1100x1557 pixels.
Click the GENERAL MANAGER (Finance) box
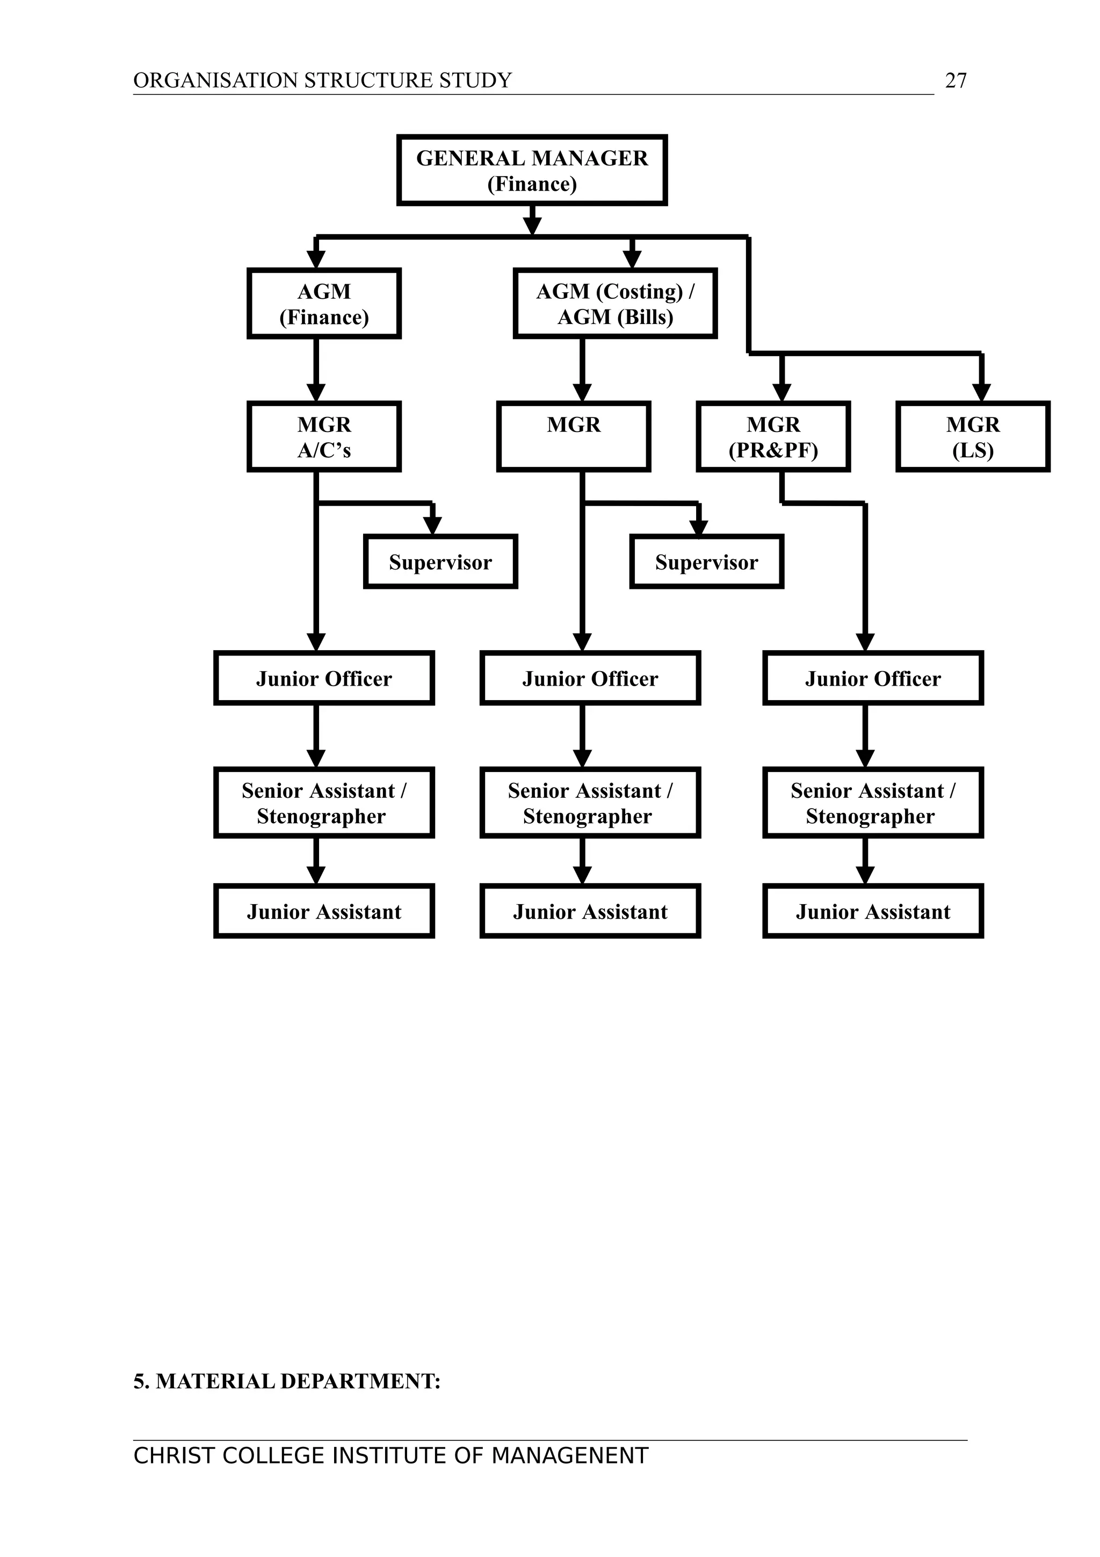(x=532, y=170)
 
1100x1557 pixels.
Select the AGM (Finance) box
(x=324, y=303)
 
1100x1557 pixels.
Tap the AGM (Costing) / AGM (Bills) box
(x=616, y=303)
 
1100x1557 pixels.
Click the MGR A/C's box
(x=324, y=437)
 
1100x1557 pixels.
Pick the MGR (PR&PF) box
(x=773, y=437)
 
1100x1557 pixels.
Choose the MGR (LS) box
(x=973, y=437)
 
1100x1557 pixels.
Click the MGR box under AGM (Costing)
(x=574, y=437)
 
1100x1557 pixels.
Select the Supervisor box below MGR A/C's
(x=440, y=561)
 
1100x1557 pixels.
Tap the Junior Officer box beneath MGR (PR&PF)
(x=873, y=678)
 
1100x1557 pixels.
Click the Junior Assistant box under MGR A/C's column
(x=324, y=911)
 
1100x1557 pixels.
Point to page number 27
(x=956, y=81)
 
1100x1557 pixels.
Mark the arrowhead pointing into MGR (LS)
(x=981, y=393)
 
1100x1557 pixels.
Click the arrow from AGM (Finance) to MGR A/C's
(x=316, y=370)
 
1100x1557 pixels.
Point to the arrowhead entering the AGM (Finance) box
(x=316, y=259)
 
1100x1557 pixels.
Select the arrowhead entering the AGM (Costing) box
(x=632, y=259)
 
